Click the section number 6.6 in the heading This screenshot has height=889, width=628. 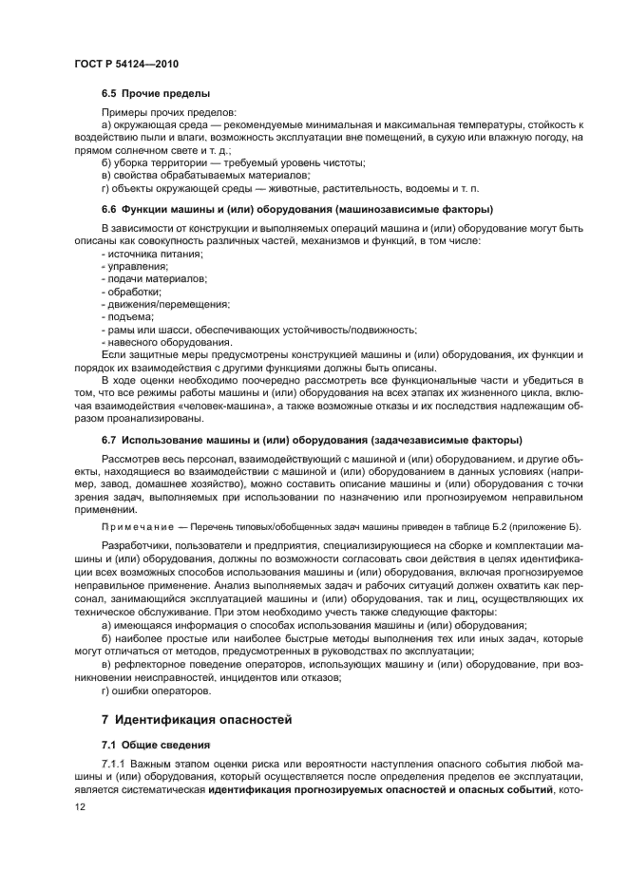pos(108,209)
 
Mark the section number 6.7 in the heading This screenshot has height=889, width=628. pos(108,440)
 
